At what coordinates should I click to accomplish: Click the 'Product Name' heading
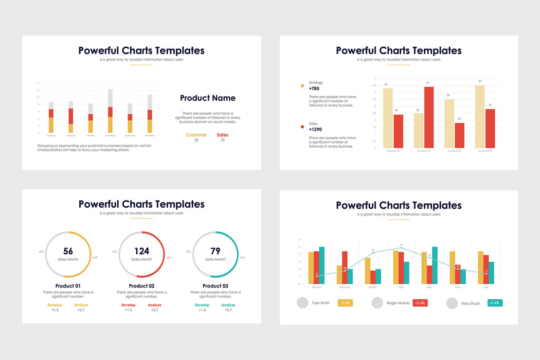point(208,98)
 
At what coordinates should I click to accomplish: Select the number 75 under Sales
point(222,140)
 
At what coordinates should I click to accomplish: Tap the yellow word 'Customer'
point(196,135)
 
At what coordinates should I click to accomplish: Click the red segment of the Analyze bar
point(71,116)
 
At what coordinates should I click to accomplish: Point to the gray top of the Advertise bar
point(110,98)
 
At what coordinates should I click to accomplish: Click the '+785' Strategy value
point(314,89)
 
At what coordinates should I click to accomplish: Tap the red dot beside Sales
point(303,127)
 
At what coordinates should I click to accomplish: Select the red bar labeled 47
point(429,117)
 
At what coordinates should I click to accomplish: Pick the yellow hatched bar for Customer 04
point(480,117)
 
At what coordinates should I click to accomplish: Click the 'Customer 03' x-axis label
point(453,151)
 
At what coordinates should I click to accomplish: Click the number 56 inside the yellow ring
point(68,251)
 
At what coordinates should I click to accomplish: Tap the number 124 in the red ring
point(142,251)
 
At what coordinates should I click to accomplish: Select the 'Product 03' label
point(216,286)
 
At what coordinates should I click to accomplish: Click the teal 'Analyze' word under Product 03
point(228,305)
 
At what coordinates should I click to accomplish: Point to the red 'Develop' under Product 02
point(128,305)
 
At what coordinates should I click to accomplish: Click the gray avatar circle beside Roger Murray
point(377,303)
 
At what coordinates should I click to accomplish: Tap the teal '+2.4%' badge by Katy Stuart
point(495,303)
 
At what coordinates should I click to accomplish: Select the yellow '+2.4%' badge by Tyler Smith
point(345,303)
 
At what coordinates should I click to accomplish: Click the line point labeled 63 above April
point(401,248)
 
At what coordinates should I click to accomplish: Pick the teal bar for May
point(434,265)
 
